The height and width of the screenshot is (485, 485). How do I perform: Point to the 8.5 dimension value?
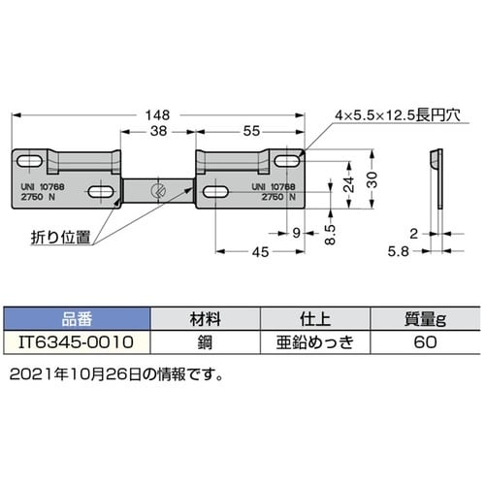(x=331, y=236)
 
